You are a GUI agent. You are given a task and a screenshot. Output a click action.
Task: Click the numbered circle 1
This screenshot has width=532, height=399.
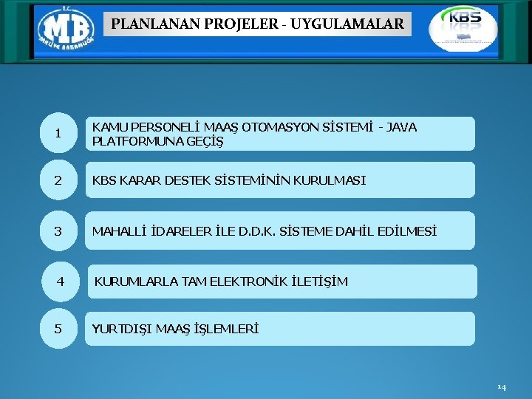(x=58, y=134)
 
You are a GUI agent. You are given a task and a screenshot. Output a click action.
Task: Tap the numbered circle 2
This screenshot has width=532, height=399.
(x=58, y=180)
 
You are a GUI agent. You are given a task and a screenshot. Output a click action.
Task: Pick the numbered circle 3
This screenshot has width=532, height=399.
(x=58, y=231)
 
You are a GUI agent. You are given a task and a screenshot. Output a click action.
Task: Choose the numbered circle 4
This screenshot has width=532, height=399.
(x=61, y=282)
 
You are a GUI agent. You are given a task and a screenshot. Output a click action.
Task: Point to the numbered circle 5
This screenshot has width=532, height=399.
(x=58, y=329)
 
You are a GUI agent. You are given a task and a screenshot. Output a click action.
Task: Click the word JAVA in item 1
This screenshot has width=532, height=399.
(x=402, y=127)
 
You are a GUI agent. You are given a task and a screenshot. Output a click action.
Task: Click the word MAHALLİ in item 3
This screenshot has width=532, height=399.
(x=117, y=231)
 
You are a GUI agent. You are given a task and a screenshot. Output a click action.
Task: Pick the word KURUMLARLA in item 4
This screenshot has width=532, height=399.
(x=131, y=282)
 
